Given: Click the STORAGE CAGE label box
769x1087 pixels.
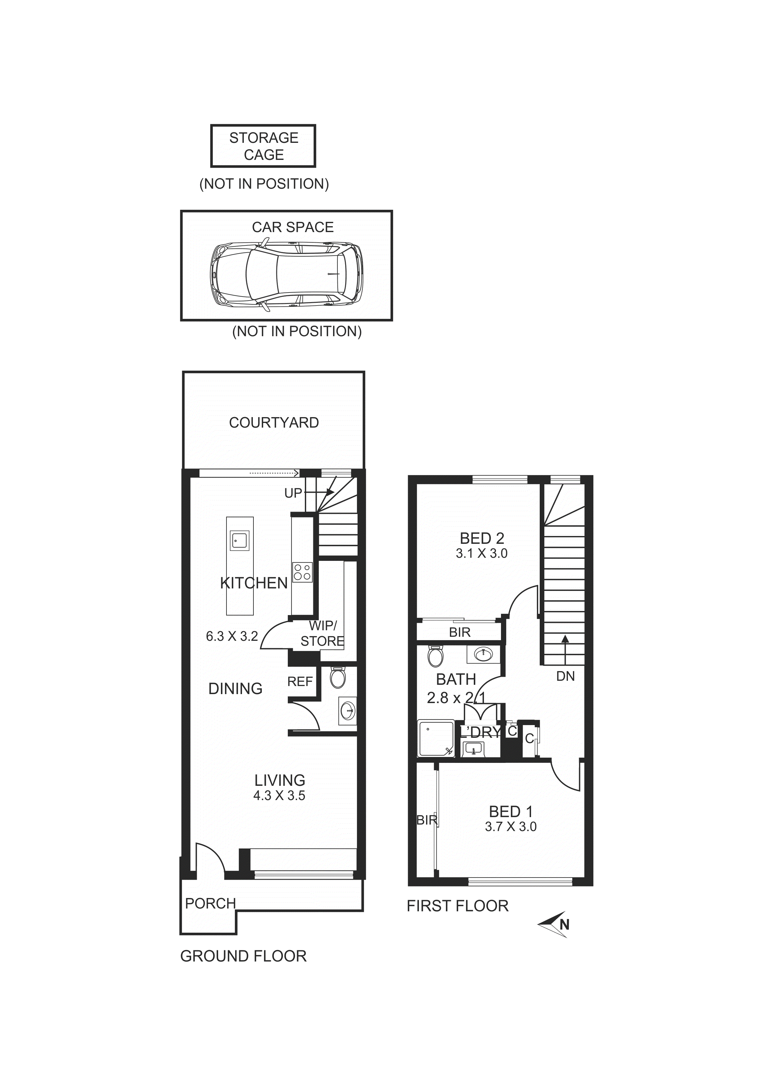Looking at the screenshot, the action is click(x=263, y=146).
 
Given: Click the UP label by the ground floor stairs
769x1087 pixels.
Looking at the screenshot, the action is click(x=293, y=493).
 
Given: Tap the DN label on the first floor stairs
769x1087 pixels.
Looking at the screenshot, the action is click(x=565, y=676).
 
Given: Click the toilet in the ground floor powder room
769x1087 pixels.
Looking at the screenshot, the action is click(x=338, y=677).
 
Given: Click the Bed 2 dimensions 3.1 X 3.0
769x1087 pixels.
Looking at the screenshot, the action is click(x=481, y=553).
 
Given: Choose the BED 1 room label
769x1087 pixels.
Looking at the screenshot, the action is click(x=511, y=812).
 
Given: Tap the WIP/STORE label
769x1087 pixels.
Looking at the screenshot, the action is click(x=323, y=633).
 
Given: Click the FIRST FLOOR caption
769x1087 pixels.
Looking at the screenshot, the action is click(x=457, y=906).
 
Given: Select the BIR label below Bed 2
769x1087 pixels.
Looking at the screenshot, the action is click(x=460, y=632).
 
